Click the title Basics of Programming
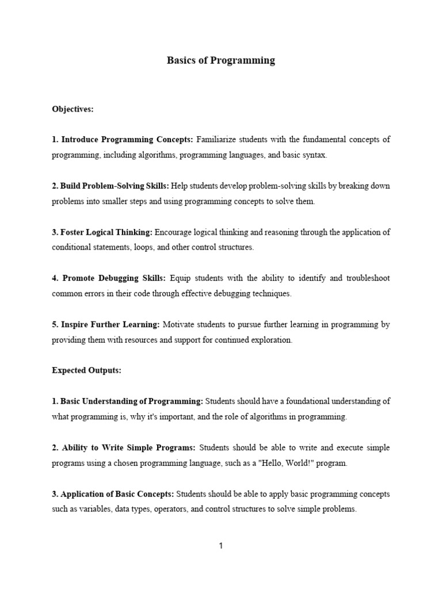coord(221,60)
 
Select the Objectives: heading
coord(73,108)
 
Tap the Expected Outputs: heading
coord(86,370)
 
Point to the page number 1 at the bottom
coord(220,546)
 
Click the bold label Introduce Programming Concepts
coord(127,139)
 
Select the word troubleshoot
coord(367,278)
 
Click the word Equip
coord(181,278)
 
